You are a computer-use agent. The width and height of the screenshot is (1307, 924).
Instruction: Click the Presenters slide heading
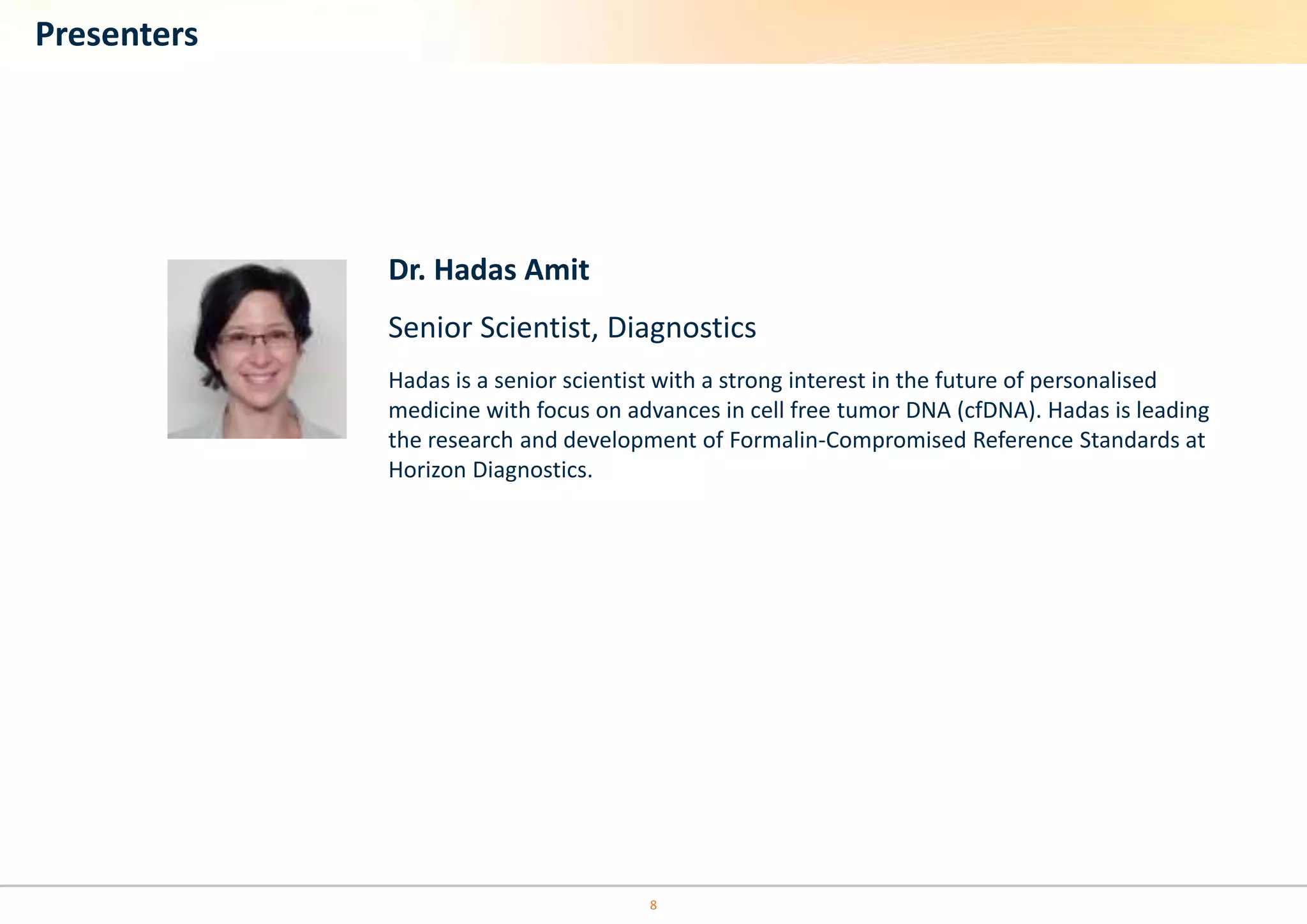pyautogui.click(x=116, y=34)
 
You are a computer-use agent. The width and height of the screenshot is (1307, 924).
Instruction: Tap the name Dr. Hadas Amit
pyautogui.click(x=488, y=270)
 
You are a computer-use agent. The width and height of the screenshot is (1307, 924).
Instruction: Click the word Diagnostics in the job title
pyautogui.click(x=681, y=328)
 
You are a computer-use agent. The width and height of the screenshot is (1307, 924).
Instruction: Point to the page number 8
pyautogui.click(x=653, y=905)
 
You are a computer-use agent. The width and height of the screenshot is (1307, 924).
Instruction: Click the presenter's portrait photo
pyautogui.click(x=257, y=349)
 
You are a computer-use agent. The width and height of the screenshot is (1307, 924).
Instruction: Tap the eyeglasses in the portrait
pyautogui.click(x=257, y=338)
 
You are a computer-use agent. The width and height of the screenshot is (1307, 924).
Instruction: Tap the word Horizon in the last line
pyautogui.click(x=427, y=470)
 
